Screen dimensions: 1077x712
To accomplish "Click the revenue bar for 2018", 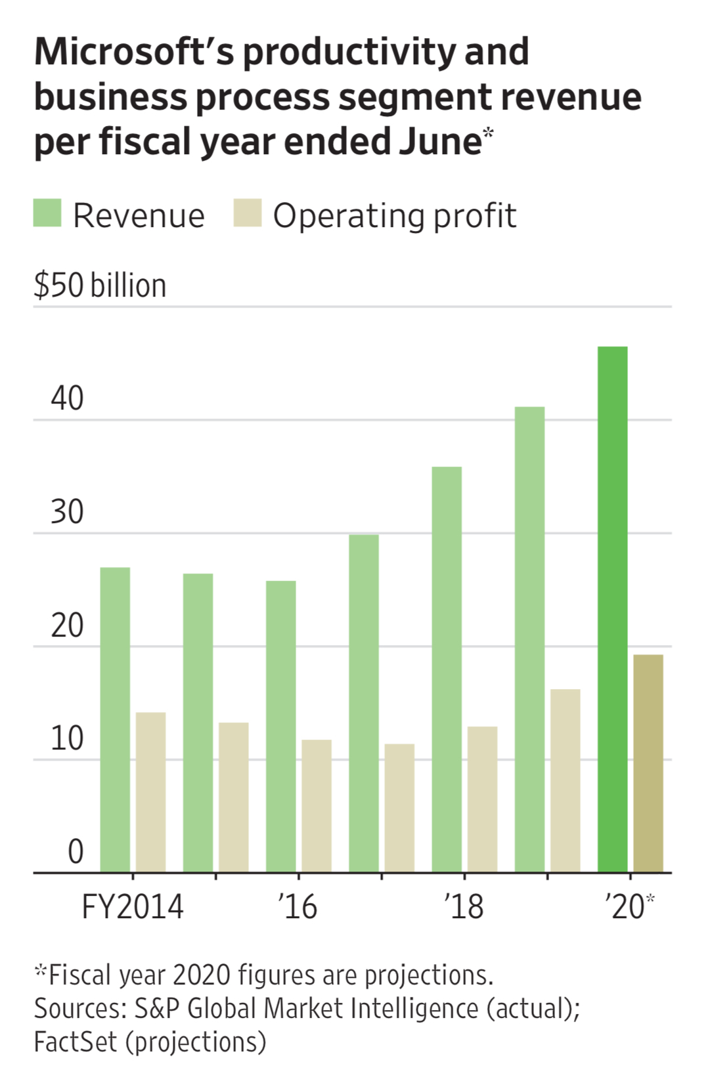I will tap(447, 669).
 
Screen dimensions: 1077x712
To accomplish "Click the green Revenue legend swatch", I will tap(47, 213).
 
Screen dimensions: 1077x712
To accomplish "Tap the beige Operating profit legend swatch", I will tap(248, 213).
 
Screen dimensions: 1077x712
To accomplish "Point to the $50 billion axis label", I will tap(100, 285).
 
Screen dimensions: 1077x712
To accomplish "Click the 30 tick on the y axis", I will tap(67, 512).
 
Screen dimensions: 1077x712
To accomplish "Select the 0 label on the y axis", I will tap(76, 851).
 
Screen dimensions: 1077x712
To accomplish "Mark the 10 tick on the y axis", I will tap(67, 738).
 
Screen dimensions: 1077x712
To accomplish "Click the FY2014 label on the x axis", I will tap(132, 907).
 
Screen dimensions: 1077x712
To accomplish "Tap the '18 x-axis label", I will tap(464, 907).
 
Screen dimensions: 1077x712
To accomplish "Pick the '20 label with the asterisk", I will tap(629, 907).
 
